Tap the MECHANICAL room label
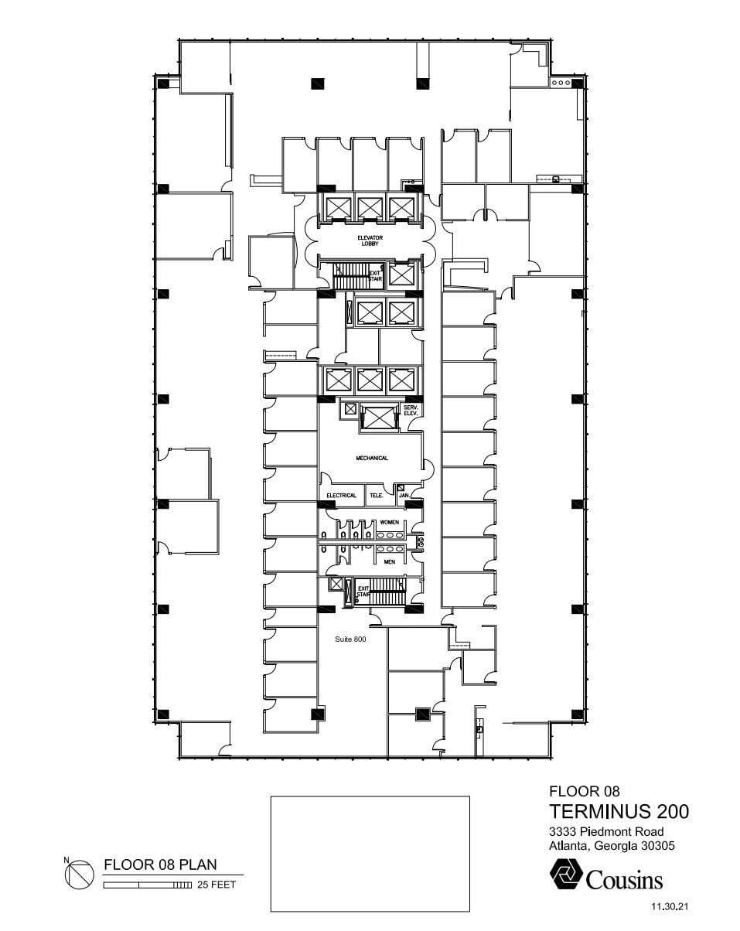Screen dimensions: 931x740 coord(372,459)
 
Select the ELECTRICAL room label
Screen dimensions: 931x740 coord(341,496)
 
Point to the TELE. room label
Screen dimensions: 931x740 coord(377,496)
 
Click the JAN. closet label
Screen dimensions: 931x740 coord(404,496)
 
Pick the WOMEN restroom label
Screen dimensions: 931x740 coord(389,523)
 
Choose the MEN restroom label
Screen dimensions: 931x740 coord(389,562)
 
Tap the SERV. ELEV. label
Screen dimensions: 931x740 coord(410,411)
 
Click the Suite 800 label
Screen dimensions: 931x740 coord(350,640)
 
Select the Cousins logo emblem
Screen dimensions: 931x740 coord(566,876)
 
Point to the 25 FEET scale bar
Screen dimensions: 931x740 coord(148,885)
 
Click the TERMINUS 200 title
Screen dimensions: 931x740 coord(619,812)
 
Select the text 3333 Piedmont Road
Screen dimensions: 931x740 coord(606,832)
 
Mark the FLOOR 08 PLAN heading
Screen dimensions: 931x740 coord(160,864)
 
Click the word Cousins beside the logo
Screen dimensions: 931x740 coord(625,880)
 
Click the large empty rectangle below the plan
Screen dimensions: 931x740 coord(370,854)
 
